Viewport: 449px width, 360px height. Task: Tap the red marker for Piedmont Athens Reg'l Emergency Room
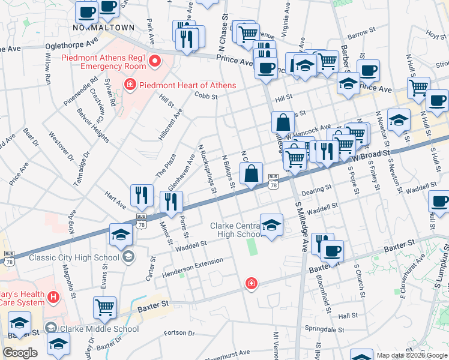[155, 61]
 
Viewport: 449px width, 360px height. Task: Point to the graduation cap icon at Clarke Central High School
[271, 225]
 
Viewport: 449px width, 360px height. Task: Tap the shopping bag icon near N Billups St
[252, 175]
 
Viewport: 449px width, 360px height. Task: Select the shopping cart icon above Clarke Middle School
[104, 307]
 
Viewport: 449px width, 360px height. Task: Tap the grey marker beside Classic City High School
[127, 257]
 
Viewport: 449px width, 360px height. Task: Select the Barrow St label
[361, 36]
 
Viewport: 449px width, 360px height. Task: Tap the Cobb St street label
[205, 95]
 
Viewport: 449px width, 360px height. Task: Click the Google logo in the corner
[20, 353]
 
